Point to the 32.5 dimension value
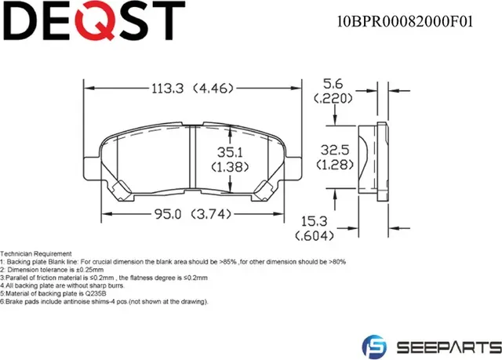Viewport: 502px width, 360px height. point(335,149)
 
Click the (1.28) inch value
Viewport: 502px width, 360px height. point(335,163)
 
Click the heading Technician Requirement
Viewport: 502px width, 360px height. point(36,255)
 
